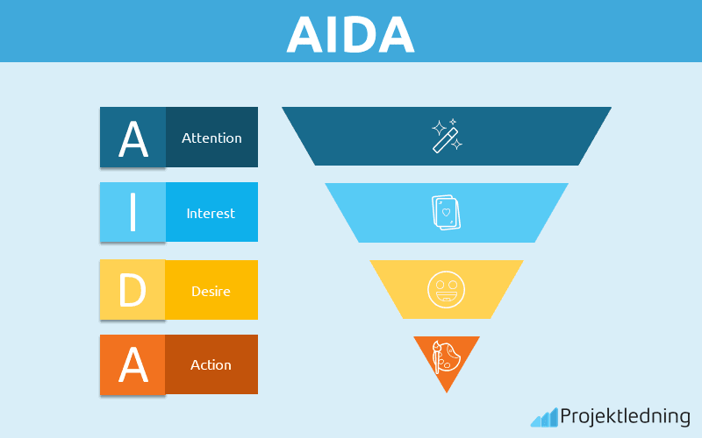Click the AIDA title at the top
point(350,35)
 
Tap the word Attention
point(211,138)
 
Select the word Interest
point(211,213)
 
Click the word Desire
point(211,290)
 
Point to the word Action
point(211,364)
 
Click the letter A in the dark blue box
point(133,138)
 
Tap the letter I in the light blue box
point(133,213)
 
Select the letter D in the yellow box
point(133,290)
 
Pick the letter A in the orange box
point(133,365)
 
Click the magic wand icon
point(447,136)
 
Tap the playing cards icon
point(447,213)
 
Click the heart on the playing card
point(446,212)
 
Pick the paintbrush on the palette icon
point(438,357)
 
